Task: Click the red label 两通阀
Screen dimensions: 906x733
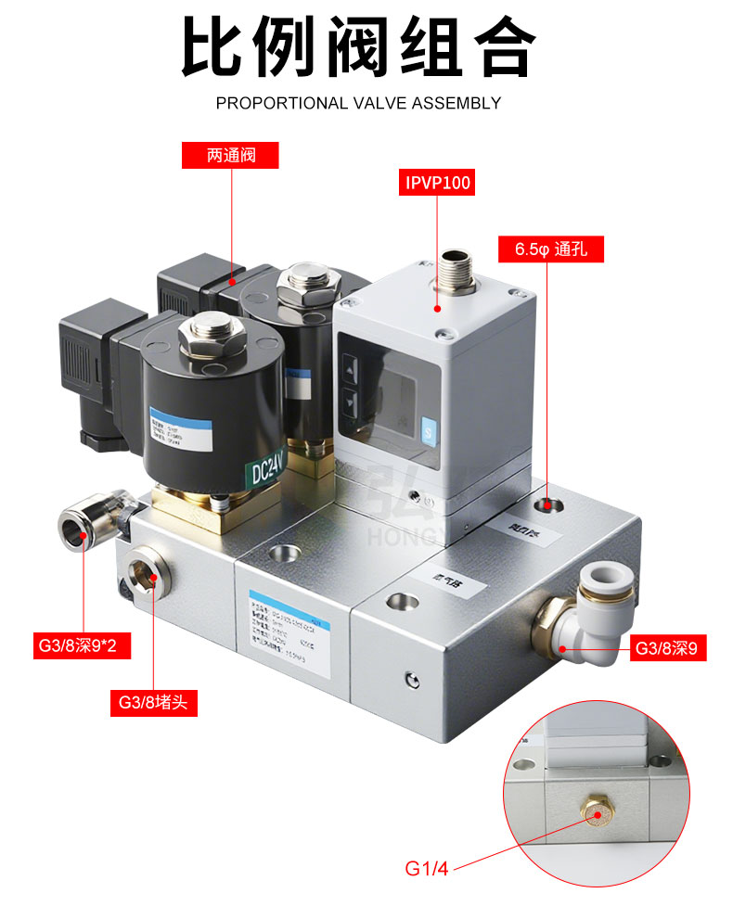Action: (x=230, y=155)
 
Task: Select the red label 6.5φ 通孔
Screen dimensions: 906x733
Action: (x=551, y=249)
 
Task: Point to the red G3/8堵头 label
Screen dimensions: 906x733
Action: (x=153, y=702)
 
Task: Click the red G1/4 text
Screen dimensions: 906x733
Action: (x=427, y=869)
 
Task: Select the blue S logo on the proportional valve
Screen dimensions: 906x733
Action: (x=427, y=431)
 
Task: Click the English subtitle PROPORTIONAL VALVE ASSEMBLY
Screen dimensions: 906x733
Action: (x=358, y=103)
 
